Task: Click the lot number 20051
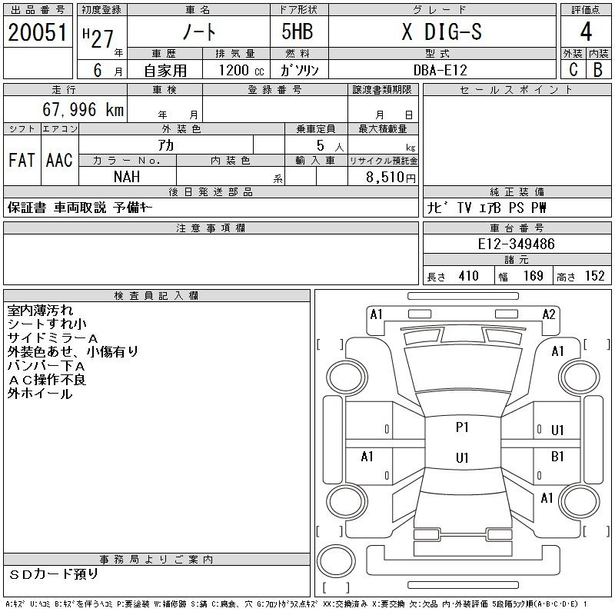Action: point(38,32)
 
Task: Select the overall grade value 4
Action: point(586,32)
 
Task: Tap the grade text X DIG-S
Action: point(442,32)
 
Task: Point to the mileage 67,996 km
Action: point(83,109)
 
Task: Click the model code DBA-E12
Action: point(440,70)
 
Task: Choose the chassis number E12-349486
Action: point(516,244)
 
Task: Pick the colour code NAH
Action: point(127,177)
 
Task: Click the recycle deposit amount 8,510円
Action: point(391,177)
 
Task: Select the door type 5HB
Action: point(298,32)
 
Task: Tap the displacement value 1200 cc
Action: point(241,70)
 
